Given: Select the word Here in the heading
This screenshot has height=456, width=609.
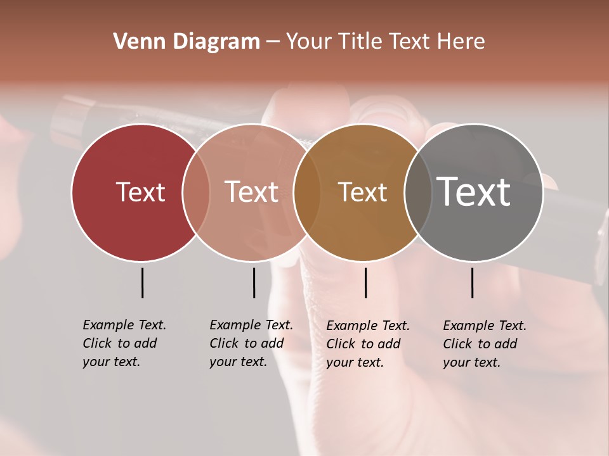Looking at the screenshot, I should click(x=461, y=42).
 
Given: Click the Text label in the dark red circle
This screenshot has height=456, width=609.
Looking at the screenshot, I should click(x=140, y=192).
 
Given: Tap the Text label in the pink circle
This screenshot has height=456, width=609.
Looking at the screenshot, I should click(x=252, y=192).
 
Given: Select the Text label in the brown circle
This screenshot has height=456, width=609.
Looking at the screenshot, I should click(x=362, y=192).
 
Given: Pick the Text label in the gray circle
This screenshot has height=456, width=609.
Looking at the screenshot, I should click(x=474, y=192).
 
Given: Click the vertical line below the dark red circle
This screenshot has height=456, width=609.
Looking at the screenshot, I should click(x=142, y=282).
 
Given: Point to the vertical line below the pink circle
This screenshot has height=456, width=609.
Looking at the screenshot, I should click(x=254, y=282).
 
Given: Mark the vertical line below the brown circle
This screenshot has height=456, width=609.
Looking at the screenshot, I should click(x=365, y=282).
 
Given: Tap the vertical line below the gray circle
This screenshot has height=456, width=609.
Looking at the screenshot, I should click(x=472, y=282).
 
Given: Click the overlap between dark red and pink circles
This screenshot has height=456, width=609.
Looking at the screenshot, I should click(x=196, y=192).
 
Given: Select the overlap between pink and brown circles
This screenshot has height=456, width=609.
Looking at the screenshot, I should click(x=306, y=192).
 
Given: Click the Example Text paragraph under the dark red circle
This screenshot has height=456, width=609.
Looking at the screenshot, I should click(x=124, y=343).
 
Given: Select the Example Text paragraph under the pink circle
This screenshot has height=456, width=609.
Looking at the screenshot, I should click(x=251, y=343).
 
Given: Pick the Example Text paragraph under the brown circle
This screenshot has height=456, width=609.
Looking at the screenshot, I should click(x=367, y=344).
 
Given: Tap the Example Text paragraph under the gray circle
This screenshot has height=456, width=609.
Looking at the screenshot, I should click(x=484, y=344).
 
